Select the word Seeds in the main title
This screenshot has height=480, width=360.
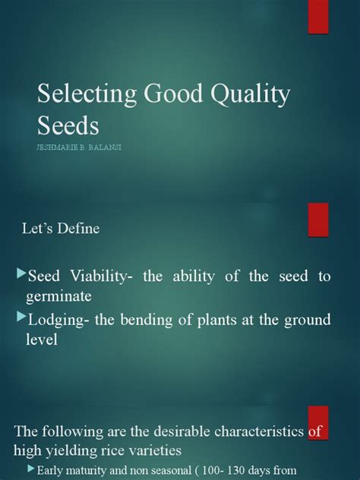click(69, 126)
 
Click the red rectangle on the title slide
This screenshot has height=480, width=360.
click(317, 17)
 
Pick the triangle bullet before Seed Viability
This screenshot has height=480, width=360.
click(21, 273)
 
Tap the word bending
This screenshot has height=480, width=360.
click(154, 319)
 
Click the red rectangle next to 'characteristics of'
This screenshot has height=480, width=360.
click(317, 425)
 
